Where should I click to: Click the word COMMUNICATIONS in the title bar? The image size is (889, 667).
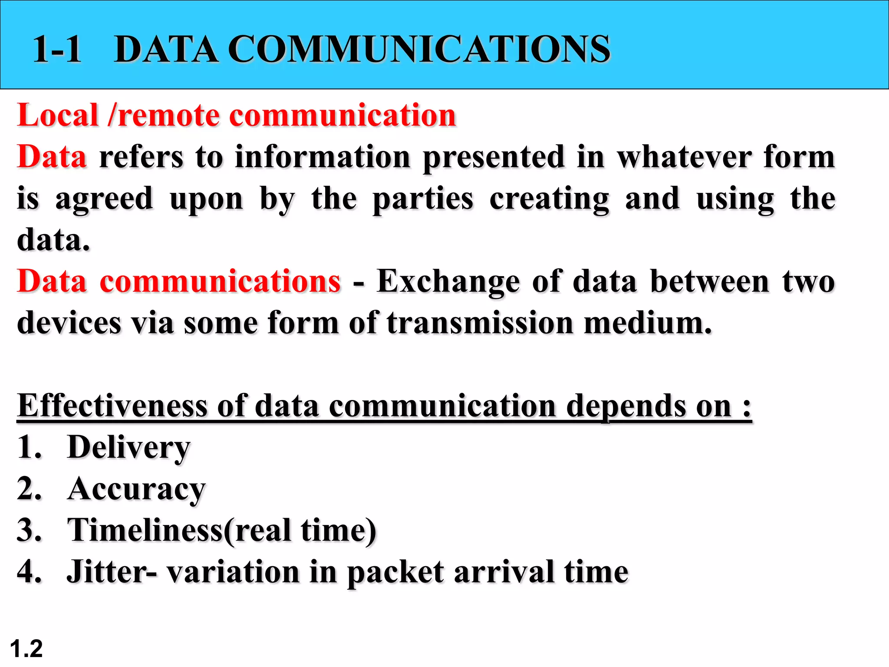(419, 49)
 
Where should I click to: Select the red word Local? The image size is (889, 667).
(58, 116)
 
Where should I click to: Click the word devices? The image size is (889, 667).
(69, 324)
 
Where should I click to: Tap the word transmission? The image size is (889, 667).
(480, 324)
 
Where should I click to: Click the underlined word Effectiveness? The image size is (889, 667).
(112, 406)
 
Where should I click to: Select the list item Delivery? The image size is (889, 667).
(128, 448)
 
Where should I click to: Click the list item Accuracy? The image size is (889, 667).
(136, 489)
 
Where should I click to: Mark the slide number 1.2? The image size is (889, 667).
(26, 649)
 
